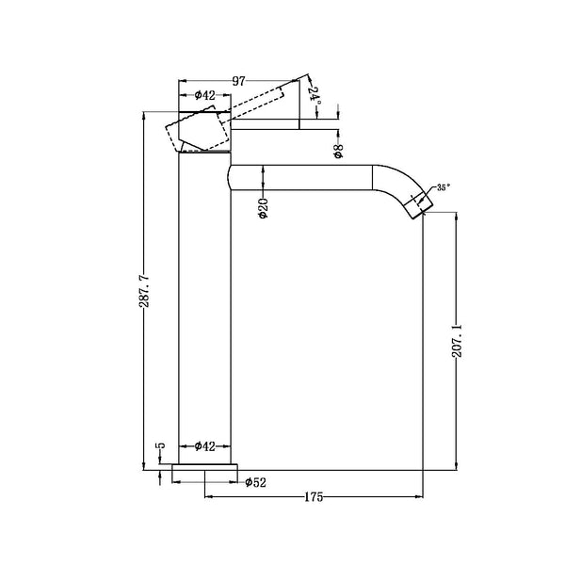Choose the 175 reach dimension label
314,496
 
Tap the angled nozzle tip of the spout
414,203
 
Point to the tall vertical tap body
202,311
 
